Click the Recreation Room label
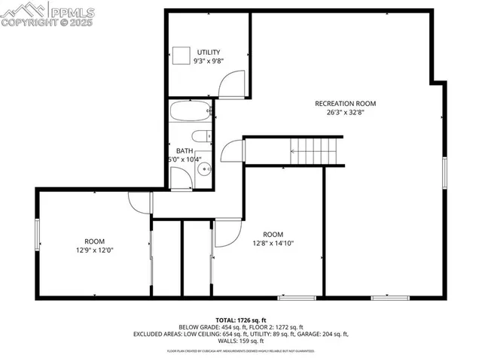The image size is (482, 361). click(346, 104)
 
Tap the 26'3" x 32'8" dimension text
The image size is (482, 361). click(346, 113)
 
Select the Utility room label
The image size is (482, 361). click(209, 52)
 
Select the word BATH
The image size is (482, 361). click(184, 150)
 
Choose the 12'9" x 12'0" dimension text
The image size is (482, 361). click(95, 250)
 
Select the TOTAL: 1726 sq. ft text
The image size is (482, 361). click(240, 320)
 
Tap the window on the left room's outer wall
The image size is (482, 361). click(37, 235)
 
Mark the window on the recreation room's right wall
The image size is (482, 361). click(445, 174)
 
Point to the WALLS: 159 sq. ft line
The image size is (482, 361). click(240, 341)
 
